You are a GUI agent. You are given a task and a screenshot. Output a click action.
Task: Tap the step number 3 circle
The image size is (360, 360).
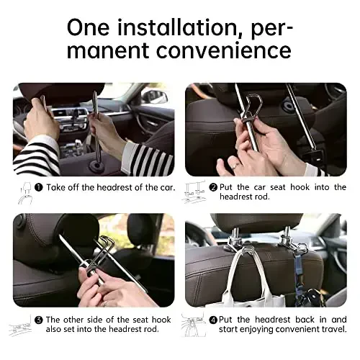click(x=39, y=319)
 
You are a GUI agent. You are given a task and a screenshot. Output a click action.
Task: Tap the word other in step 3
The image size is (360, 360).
click(x=79, y=319)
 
